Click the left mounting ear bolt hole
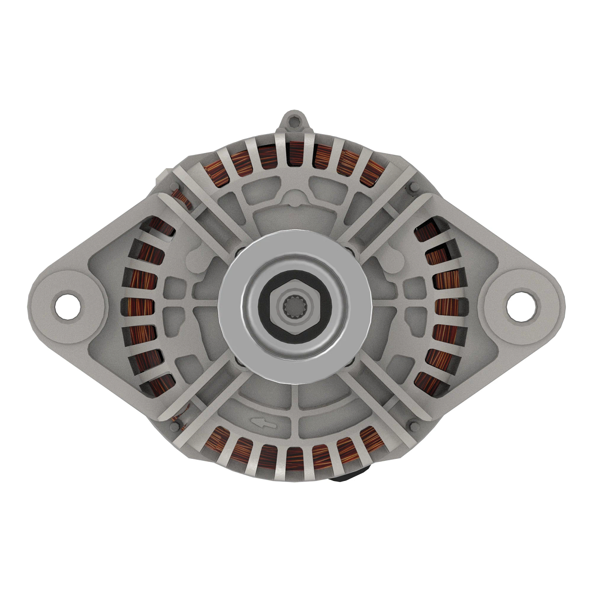[x=68, y=306]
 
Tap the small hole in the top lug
[x=295, y=119]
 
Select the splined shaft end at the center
[x=295, y=308]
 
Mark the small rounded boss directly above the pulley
[x=295, y=200]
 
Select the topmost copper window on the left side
[x=163, y=228]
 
